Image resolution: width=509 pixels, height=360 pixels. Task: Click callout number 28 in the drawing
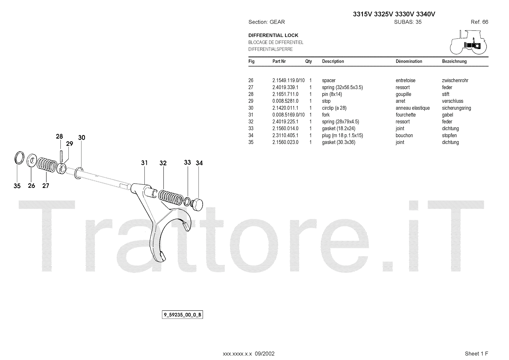tap(59, 137)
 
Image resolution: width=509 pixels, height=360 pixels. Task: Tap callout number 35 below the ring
tap(17, 186)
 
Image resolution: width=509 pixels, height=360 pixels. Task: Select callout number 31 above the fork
tap(144, 163)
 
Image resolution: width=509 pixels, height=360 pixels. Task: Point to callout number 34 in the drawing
tap(199, 163)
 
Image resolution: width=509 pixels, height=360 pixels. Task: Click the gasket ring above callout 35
tap(19, 158)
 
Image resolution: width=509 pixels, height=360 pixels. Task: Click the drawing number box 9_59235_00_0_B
tap(182, 315)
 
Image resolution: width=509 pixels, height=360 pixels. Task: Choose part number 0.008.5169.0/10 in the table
tap(288, 115)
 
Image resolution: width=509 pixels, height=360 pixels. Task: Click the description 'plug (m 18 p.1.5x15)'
tap(342, 136)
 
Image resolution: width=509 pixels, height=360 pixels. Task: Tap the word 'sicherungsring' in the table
tap(456, 108)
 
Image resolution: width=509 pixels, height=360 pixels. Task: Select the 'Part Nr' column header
tap(279, 61)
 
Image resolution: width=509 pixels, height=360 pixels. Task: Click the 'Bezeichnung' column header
tap(454, 61)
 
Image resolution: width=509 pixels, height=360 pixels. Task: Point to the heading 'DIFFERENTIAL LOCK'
tap(273, 35)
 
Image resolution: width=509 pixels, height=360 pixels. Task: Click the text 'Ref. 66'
tap(479, 22)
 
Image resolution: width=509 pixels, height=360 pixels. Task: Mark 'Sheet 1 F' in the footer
tap(476, 354)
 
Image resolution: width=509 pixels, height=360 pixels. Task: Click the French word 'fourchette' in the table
tap(406, 115)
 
